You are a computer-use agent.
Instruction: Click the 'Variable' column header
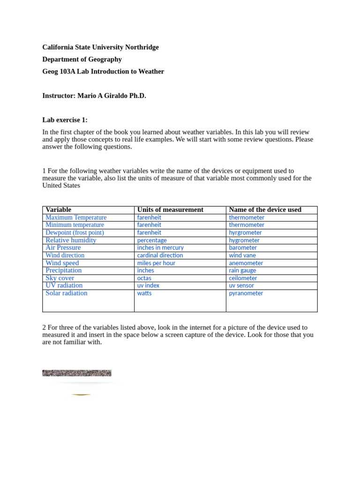pyautogui.click(x=59, y=210)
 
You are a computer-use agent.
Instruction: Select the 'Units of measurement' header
pyautogui.click(x=170, y=210)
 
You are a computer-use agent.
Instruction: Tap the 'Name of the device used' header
pyautogui.click(x=265, y=210)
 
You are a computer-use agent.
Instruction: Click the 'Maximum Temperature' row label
pyautogui.click(x=76, y=217)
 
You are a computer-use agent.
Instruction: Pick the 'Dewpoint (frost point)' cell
pyautogui.click(x=75, y=232)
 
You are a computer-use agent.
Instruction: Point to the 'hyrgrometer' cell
pyautogui.click(x=245, y=232)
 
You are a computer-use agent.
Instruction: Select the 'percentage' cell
pyautogui.click(x=152, y=240)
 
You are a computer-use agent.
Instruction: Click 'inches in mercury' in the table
pyautogui.click(x=160, y=247)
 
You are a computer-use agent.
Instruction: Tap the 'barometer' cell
pyautogui.click(x=243, y=247)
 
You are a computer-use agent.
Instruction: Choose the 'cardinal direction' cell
pyautogui.click(x=160, y=255)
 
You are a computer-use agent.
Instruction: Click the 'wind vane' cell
pyautogui.click(x=242, y=255)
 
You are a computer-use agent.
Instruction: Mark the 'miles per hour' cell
pyautogui.click(x=156, y=263)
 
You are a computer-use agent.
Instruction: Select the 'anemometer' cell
pyautogui.click(x=246, y=263)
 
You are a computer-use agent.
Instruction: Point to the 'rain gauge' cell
pyautogui.click(x=242, y=270)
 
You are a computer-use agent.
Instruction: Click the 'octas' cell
pyautogui.click(x=144, y=278)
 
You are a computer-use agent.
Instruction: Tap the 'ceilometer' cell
pyautogui.click(x=243, y=278)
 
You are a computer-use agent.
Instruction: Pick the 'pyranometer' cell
pyautogui.click(x=246, y=293)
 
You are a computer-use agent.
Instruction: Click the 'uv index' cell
pyautogui.click(x=148, y=285)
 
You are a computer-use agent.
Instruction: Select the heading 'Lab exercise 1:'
pyautogui.click(x=65, y=120)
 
